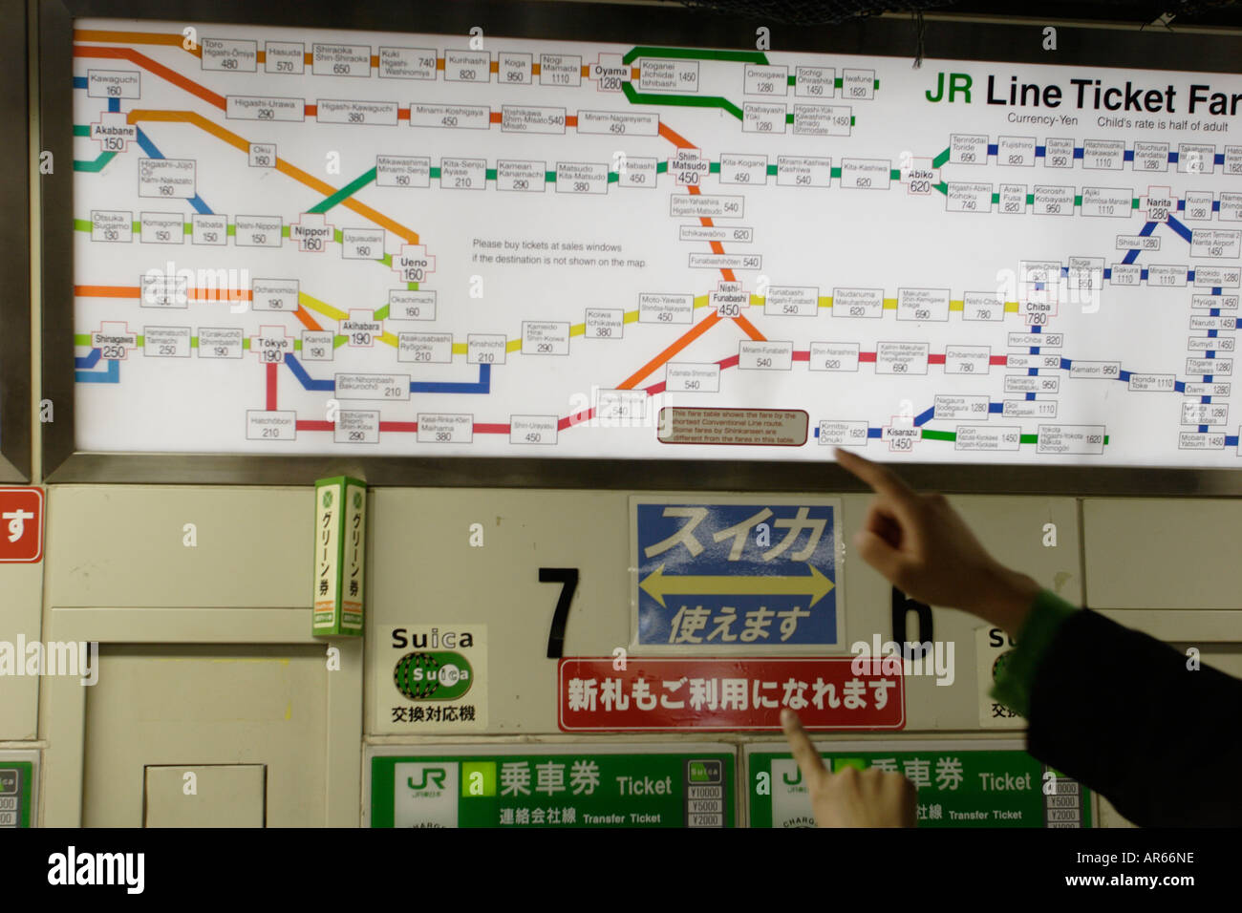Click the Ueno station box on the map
coord(413,268)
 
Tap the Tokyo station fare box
coord(272,350)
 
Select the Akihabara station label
coord(360,332)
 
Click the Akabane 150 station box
coord(114,137)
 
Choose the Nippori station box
coord(311,238)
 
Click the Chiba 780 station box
coord(1037,312)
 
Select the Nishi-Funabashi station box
coord(729,299)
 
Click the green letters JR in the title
coord(948,90)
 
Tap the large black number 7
coord(559,612)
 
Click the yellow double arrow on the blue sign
coord(736,584)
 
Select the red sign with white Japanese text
coord(730,694)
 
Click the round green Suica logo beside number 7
coord(433,674)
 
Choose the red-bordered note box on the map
coord(732,427)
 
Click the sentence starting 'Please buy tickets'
coord(559,253)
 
